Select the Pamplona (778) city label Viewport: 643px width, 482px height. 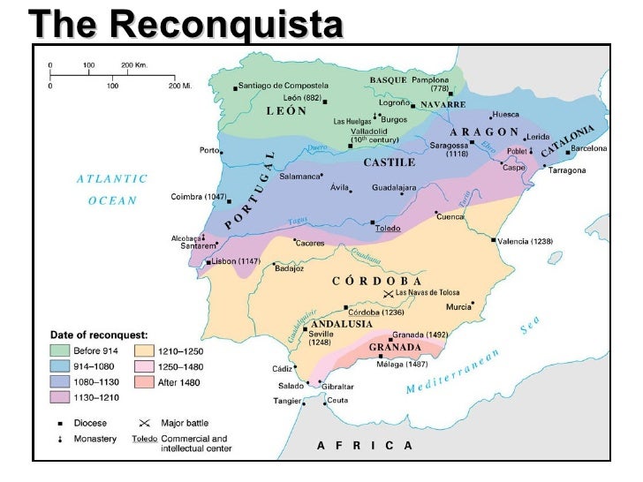click(428, 84)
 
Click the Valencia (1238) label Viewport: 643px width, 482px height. click(526, 240)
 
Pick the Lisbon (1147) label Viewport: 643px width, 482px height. click(237, 262)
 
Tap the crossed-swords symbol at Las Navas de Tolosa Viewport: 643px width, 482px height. click(387, 293)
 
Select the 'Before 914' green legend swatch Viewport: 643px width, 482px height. click(60, 351)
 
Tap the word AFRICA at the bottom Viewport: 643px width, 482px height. click(365, 446)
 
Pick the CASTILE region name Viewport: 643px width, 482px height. click(390, 164)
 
